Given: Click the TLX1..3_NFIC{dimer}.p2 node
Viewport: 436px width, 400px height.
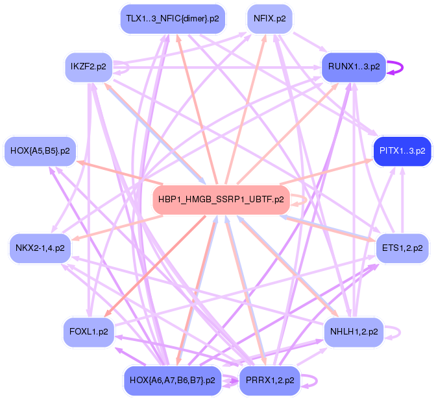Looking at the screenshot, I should (x=172, y=19).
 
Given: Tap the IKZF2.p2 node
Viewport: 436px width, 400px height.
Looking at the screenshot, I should (x=88, y=67).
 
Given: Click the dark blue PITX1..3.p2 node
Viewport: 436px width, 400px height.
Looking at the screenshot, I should (x=402, y=151).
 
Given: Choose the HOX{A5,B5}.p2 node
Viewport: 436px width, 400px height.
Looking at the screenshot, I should (x=40, y=151).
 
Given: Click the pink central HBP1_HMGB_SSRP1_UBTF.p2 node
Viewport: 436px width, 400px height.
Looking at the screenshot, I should (x=221, y=200).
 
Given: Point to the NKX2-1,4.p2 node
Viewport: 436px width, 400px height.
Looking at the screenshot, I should (x=40, y=248).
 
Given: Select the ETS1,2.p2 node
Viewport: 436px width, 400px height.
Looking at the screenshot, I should (x=402, y=248).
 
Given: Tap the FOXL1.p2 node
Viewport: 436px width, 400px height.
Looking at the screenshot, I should (x=88, y=332).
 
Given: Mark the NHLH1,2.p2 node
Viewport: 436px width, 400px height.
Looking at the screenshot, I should (x=354, y=332).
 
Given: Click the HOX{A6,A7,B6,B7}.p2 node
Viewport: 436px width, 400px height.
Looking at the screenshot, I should (x=172, y=380).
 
